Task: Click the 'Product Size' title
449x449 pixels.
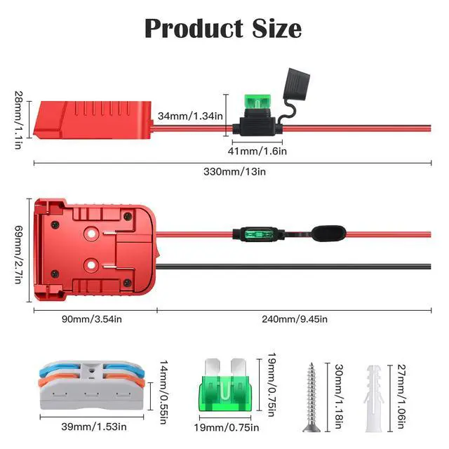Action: click(223, 29)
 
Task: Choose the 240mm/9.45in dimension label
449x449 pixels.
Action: click(294, 319)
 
